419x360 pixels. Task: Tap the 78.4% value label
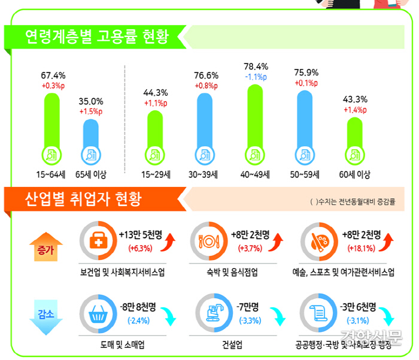pos(256,66)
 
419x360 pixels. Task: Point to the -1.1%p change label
pos(256,77)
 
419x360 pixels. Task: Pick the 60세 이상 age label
pos(355,175)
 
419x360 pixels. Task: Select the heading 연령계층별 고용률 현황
pos(96,37)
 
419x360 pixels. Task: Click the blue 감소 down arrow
pos(40,315)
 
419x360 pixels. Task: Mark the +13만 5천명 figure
pos(143,234)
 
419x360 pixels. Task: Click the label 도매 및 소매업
pos(123,345)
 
